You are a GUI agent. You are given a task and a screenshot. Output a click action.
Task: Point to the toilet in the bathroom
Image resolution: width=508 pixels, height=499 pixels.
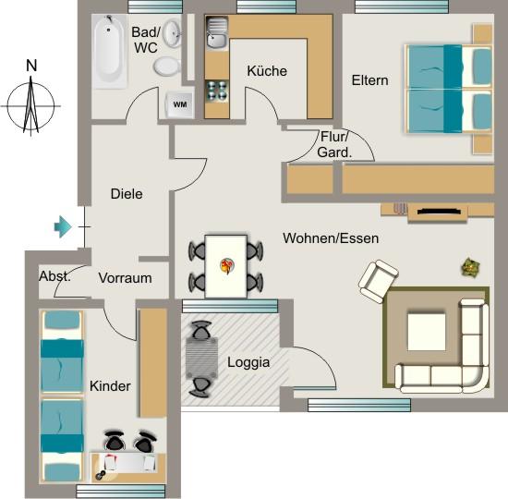pos(167,65)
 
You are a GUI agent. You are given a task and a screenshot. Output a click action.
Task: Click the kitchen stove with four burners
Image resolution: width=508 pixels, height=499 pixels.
pos(216,91)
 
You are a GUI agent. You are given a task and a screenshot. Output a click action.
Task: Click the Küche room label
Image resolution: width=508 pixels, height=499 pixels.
pos(267,71)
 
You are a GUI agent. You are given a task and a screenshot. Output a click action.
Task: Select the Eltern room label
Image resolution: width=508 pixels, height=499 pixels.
pos(369,80)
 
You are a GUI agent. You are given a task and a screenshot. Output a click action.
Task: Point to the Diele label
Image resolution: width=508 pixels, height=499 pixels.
pos(127,194)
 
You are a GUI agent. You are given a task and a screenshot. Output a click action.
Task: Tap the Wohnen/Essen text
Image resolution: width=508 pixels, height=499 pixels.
pos(331,237)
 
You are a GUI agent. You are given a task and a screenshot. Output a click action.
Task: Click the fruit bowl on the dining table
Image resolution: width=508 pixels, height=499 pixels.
pos(226,266)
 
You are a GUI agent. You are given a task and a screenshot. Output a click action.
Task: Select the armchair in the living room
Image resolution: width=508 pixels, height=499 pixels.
pos(379,281)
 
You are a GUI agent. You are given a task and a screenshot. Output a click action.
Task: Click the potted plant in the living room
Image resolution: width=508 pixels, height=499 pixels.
pos(471,268)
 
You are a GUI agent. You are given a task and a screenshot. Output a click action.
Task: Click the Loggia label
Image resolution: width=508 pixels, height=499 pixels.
pos(248,362)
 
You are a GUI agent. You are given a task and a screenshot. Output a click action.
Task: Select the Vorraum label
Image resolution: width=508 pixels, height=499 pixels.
pos(125,277)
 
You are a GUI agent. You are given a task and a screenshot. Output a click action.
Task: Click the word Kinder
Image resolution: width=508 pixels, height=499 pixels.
pos(110,385)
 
